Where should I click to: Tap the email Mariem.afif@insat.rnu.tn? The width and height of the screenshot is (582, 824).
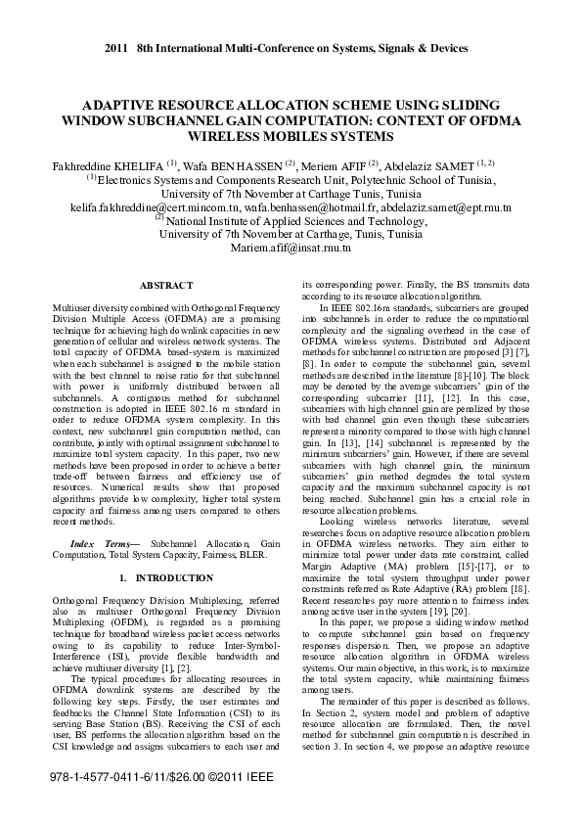coord(291,249)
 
